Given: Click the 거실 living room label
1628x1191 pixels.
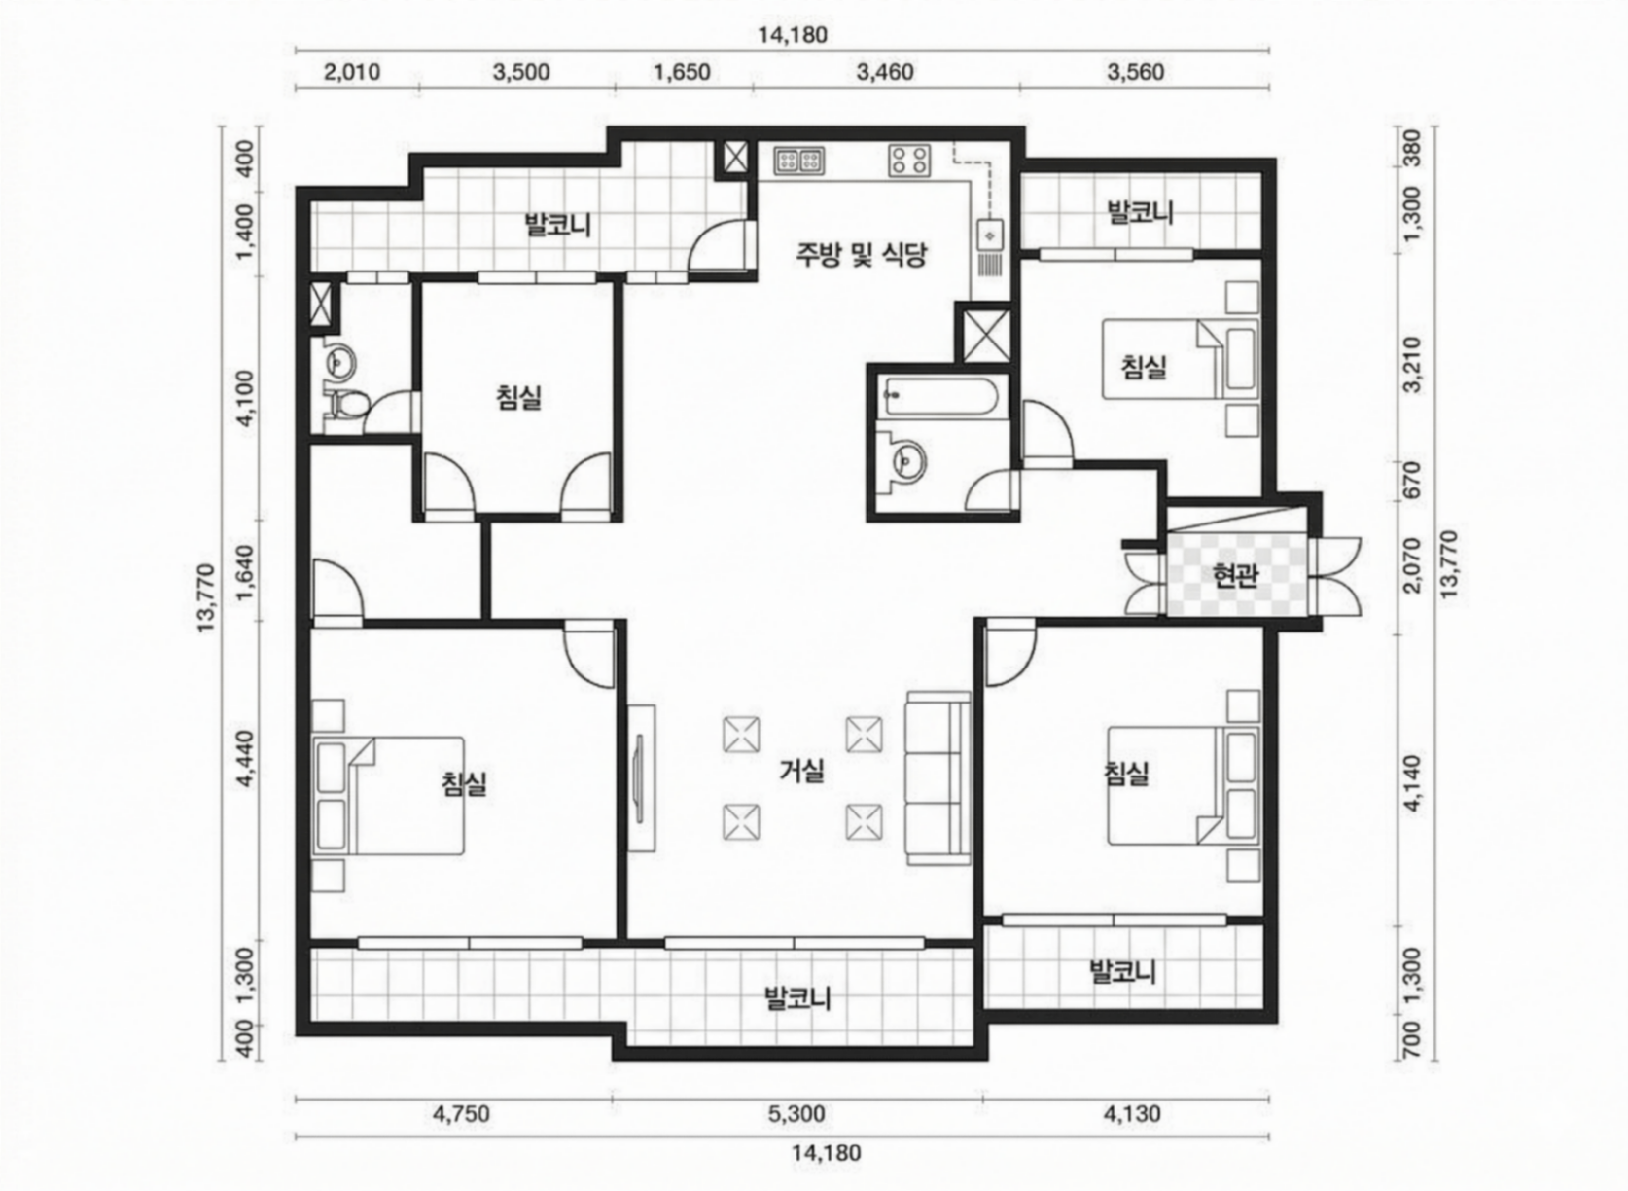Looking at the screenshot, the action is (801, 770).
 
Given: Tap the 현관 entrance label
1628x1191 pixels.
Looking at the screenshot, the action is (1235, 576).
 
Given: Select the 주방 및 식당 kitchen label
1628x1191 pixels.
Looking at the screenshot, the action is (862, 254).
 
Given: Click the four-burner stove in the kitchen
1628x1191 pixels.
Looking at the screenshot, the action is (910, 160).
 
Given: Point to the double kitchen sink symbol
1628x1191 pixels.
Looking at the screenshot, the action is (798, 161).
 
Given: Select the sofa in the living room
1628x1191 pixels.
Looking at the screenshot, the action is (938, 778).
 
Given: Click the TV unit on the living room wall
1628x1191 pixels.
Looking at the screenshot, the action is (641, 777).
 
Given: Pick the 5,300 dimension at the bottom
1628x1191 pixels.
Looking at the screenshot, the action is (796, 1113).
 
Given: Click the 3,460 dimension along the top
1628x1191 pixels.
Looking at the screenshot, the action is (884, 72).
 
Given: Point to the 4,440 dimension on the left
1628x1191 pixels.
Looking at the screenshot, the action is (247, 759).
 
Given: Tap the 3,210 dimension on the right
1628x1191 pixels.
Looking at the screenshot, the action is (1412, 364).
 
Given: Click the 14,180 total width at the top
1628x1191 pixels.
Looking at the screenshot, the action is (793, 35).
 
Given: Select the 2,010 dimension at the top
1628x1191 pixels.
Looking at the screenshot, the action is (352, 72).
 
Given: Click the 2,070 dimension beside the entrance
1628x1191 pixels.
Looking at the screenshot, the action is (1412, 565).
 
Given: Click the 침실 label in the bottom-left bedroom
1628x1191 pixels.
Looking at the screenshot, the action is (465, 783).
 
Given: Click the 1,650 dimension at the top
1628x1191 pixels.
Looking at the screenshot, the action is (682, 72).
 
